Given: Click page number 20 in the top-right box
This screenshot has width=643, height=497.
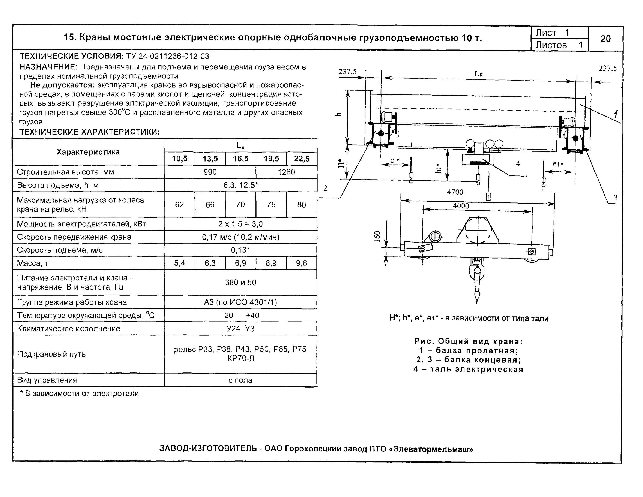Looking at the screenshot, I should click(605, 39).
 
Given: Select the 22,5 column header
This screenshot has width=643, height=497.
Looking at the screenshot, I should click(302, 159).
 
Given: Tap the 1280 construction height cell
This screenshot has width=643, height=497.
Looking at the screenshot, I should click(286, 172).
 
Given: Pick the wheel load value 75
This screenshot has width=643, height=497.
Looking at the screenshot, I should click(271, 205).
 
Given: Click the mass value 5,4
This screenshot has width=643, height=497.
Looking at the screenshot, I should click(179, 263).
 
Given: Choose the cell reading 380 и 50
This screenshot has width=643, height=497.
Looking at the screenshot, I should click(240, 283).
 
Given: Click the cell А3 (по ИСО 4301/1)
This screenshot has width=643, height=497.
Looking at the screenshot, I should click(240, 302).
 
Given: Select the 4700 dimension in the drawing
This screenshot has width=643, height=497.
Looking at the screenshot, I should click(455, 192).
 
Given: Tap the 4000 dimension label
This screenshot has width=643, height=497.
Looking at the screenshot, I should click(461, 206).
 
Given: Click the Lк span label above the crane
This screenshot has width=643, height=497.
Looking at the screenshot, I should click(478, 74).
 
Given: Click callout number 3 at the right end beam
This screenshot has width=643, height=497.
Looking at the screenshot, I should click(615, 198).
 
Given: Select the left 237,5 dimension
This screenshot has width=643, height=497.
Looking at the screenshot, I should click(347, 72).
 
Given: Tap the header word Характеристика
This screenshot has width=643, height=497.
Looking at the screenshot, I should click(88, 152).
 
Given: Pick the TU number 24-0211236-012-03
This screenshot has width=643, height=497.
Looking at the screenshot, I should click(168, 56).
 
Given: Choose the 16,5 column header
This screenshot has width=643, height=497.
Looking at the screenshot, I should click(240, 159).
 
